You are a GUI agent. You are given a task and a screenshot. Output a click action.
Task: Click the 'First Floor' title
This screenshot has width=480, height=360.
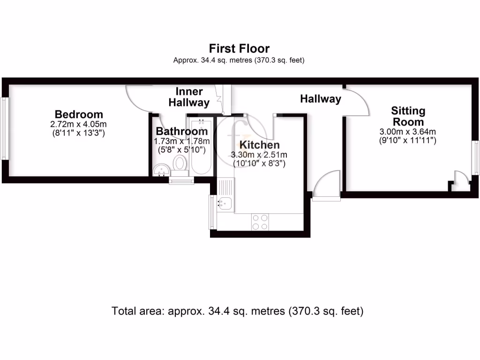click(x=239, y=48)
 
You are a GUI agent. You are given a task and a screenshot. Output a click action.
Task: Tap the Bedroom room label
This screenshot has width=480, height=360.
click(x=79, y=114)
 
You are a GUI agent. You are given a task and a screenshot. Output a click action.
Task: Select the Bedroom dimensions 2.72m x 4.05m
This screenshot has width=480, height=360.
click(x=79, y=124)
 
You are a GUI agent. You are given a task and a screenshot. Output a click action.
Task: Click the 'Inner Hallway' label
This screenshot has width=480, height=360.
click(x=189, y=97)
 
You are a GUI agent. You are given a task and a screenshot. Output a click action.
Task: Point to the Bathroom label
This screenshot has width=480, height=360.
click(x=181, y=131)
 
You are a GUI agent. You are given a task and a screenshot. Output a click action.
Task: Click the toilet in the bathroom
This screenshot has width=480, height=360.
click(x=179, y=164)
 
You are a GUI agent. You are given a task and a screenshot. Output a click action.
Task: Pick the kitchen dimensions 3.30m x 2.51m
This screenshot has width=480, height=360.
click(x=259, y=155)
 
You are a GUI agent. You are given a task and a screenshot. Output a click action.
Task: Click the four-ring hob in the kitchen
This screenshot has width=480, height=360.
click(x=260, y=222)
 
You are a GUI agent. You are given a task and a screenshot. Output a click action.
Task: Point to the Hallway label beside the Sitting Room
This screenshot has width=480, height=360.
click(x=321, y=99)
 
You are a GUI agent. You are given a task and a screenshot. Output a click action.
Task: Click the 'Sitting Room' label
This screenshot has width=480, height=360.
click(x=408, y=116)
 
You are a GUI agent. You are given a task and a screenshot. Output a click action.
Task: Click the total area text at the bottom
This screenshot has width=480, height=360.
click(x=238, y=311)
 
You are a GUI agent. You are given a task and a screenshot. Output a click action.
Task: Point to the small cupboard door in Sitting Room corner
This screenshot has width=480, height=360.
click(x=461, y=180)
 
